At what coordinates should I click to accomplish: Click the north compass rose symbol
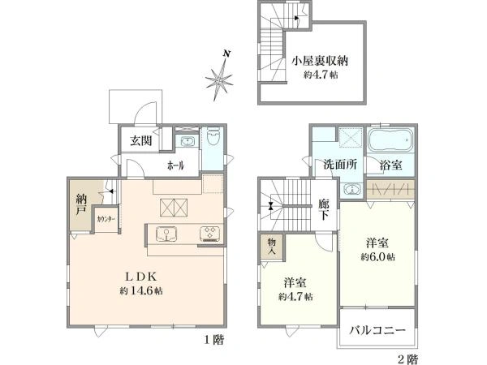pos(220,79)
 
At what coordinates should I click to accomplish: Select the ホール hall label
pos(176,165)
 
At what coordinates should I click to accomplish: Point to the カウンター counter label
pos(106,219)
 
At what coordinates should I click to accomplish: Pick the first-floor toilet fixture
pos(213,138)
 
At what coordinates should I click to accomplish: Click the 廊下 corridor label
pos(324,213)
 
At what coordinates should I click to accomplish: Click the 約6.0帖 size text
pos(378,256)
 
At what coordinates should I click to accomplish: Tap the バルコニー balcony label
pos(377,331)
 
